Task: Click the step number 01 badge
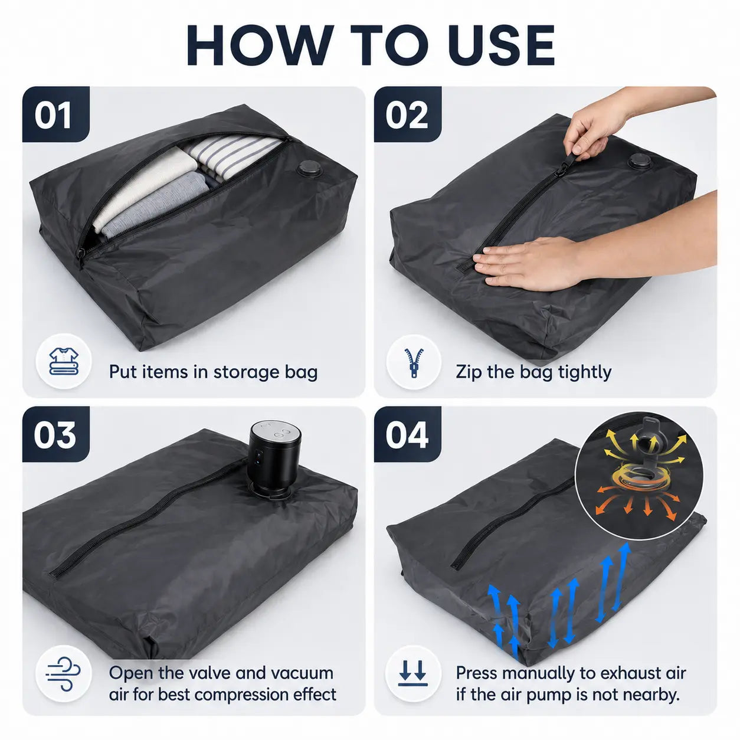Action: pyautogui.click(x=55, y=114)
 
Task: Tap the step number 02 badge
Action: pyautogui.click(x=407, y=114)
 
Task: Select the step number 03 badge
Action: pyautogui.click(x=55, y=434)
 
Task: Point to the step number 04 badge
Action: pyautogui.click(x=407, y=434)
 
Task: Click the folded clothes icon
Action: pyautogui.click(x=64, y=361)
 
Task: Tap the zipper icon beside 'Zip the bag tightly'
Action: pyautogui.click(x=414, y=363)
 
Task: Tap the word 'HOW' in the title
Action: pyautogui.click(x=258, y=45)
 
